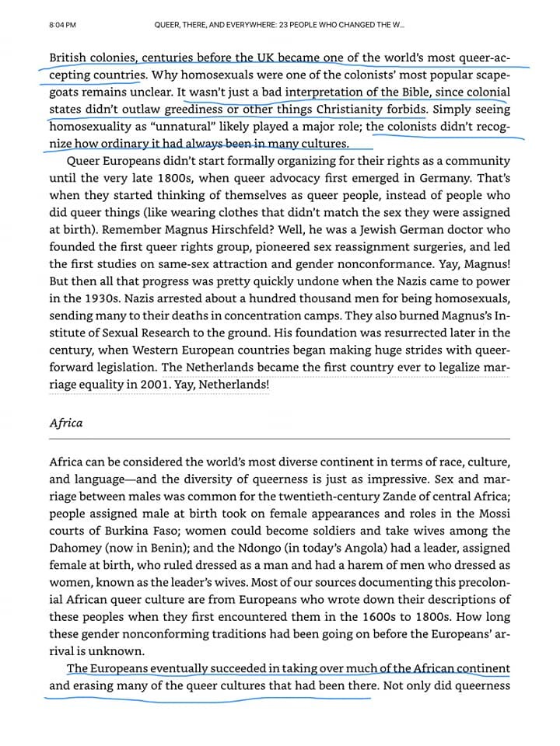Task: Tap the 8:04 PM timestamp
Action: click(x=62, y=25)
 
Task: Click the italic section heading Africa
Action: click(x=65, y=424)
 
